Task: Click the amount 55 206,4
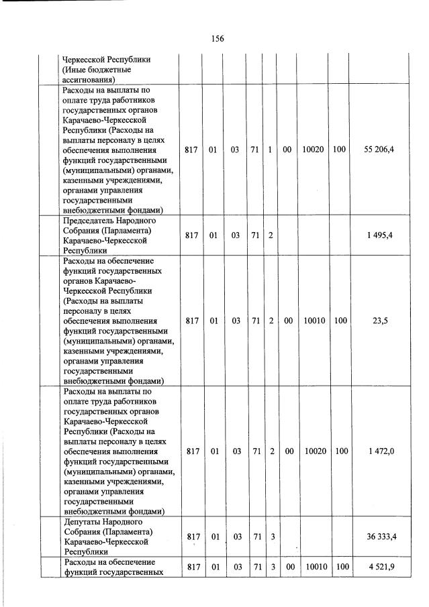(x=379, y=150)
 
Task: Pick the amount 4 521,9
(x=380, y=567)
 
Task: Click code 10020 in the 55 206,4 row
(x=313, y=150)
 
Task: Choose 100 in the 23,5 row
(x=341, y=321)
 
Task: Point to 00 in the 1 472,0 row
(x=287, y=451)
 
